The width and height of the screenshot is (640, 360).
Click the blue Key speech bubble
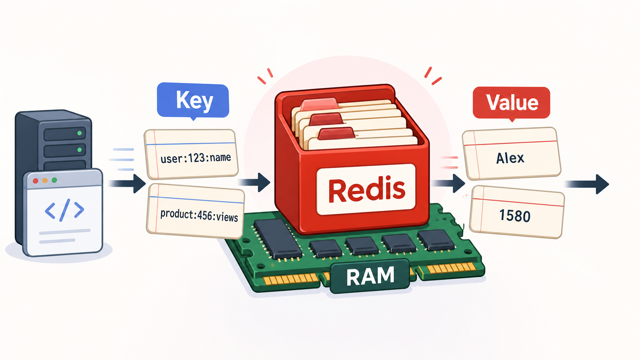coord(193,101)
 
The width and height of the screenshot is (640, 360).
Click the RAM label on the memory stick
coord(370,276)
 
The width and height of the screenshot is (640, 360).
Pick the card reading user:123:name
coord(191,154)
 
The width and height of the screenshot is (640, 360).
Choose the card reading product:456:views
coord(196,211)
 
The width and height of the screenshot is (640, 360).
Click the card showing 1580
coord(517,212)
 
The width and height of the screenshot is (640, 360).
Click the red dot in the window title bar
coord(36,181)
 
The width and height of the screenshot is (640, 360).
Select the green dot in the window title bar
coord(54,180)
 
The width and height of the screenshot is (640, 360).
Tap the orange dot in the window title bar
coord(45,181)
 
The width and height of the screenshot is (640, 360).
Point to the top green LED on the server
coord(80,133)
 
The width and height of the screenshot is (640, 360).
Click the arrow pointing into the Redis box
coord(254,182)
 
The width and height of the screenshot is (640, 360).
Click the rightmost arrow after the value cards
coord(587,184)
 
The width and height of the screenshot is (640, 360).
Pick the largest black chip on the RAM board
coord(278,239)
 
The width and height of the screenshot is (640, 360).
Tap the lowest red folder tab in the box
coord(336,134)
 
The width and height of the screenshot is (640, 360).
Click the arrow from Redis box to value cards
coord(448,183)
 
